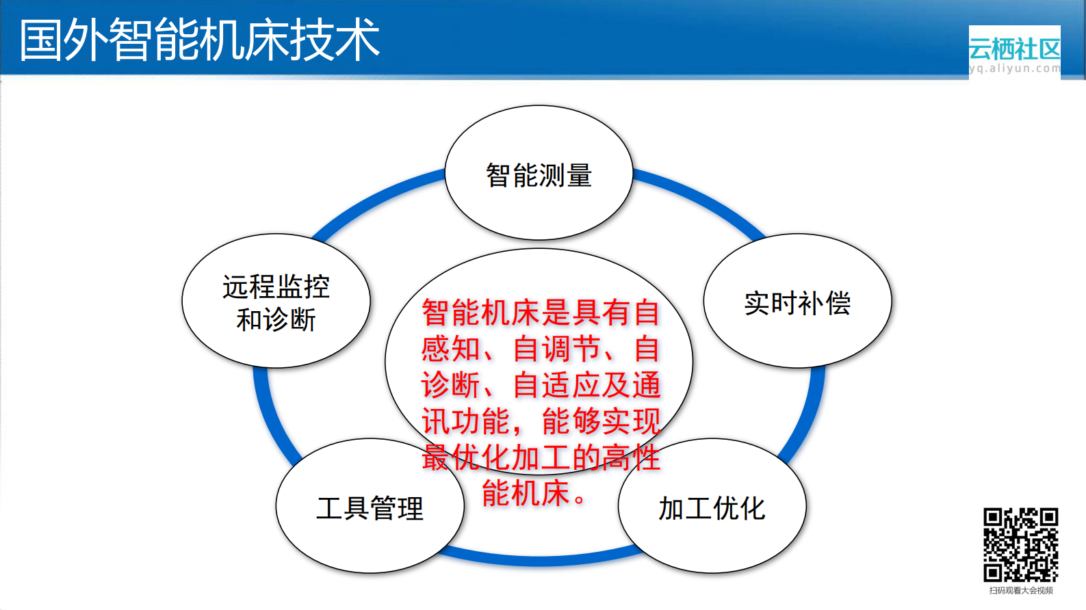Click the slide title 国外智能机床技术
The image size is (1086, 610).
[x=199, y=40]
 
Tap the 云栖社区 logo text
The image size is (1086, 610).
[x=1014, y=49]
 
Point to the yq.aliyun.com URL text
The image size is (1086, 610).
[x=1014, y=68]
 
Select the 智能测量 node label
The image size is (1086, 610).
[x=539, y=176]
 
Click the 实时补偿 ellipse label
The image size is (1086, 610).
[x=797, y=303]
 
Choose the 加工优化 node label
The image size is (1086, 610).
[x=712, y=508]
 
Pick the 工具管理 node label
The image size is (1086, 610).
[x=370, y=508]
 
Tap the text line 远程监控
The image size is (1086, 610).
[x=276, y=287]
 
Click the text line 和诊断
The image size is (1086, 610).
[x=276, y=319]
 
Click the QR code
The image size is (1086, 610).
[x=1020, y=544]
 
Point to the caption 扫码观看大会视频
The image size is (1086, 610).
[x=1020, y=590]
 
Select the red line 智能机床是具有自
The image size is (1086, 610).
[x=540, y=313]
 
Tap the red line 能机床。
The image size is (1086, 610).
[x=534, y=493]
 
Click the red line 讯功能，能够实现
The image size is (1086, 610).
[x=540, y=421]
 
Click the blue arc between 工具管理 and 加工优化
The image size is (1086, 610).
[x=541, y=559]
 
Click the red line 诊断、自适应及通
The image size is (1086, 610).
[x=540, y=385]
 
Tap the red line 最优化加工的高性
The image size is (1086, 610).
[x=540, y=457]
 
